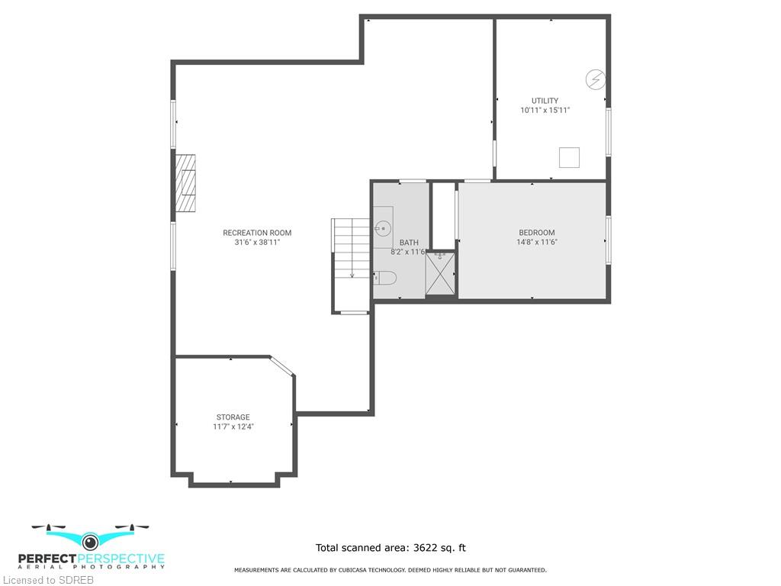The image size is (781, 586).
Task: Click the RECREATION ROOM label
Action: point(257,233)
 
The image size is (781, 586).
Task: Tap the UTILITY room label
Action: point(545,101)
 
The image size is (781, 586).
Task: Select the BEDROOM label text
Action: point(537,233)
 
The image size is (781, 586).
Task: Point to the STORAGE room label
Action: point(233,417)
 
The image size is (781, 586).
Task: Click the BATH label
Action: point(409,243)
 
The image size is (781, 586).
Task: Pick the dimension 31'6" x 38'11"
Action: point(257,243)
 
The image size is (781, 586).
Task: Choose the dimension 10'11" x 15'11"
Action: point(545,110)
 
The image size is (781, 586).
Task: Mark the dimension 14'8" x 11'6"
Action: point(537,242)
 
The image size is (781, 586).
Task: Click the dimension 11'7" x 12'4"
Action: point(233,427)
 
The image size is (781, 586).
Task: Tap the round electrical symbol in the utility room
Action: point(595,79)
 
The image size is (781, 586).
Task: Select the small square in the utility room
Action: point(569,157)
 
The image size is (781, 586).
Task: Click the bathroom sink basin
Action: point(383,229)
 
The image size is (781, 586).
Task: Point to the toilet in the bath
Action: point(384,278)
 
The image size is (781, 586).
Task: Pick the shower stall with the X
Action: point(440,274)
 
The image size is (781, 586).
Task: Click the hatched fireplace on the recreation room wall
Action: point(185,183)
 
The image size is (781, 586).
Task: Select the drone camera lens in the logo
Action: point(90,541)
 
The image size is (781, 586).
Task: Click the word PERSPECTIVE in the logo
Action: point(121,559)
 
